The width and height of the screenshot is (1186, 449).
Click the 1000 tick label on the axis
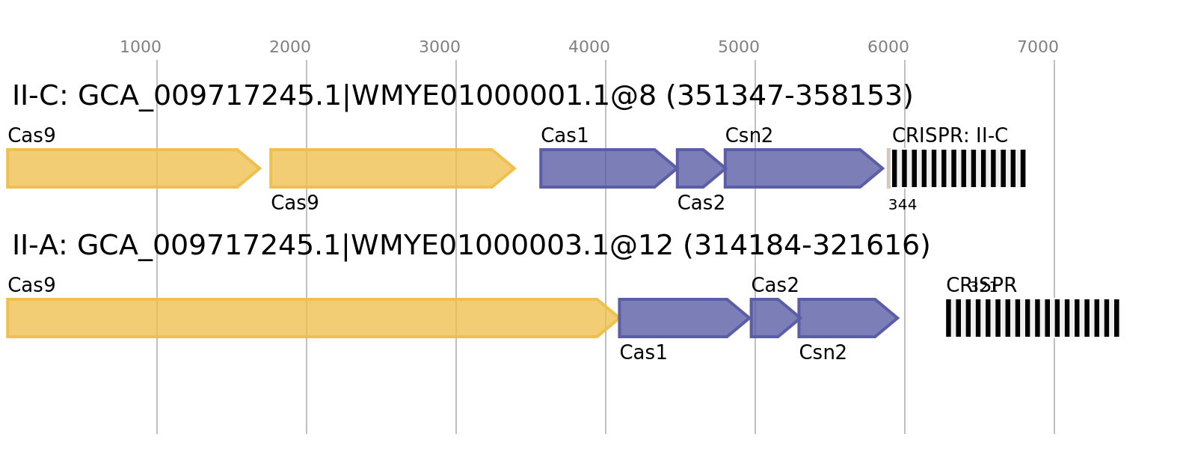(x=141, y=47)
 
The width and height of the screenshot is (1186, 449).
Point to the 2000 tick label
(x=290, y=47)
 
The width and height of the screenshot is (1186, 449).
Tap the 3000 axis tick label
(x=440, y=47)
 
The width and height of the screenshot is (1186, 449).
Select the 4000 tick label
(x=589, y=47)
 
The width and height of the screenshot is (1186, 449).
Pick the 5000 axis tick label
(x=739, y=47)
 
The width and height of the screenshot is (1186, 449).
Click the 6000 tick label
(x=888, y=47)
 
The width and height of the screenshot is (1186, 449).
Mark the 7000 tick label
(x=1038, y=47)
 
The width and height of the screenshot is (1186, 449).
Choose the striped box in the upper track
(x=956, y=168)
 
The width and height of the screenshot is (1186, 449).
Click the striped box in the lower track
(x=1032, y=318)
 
